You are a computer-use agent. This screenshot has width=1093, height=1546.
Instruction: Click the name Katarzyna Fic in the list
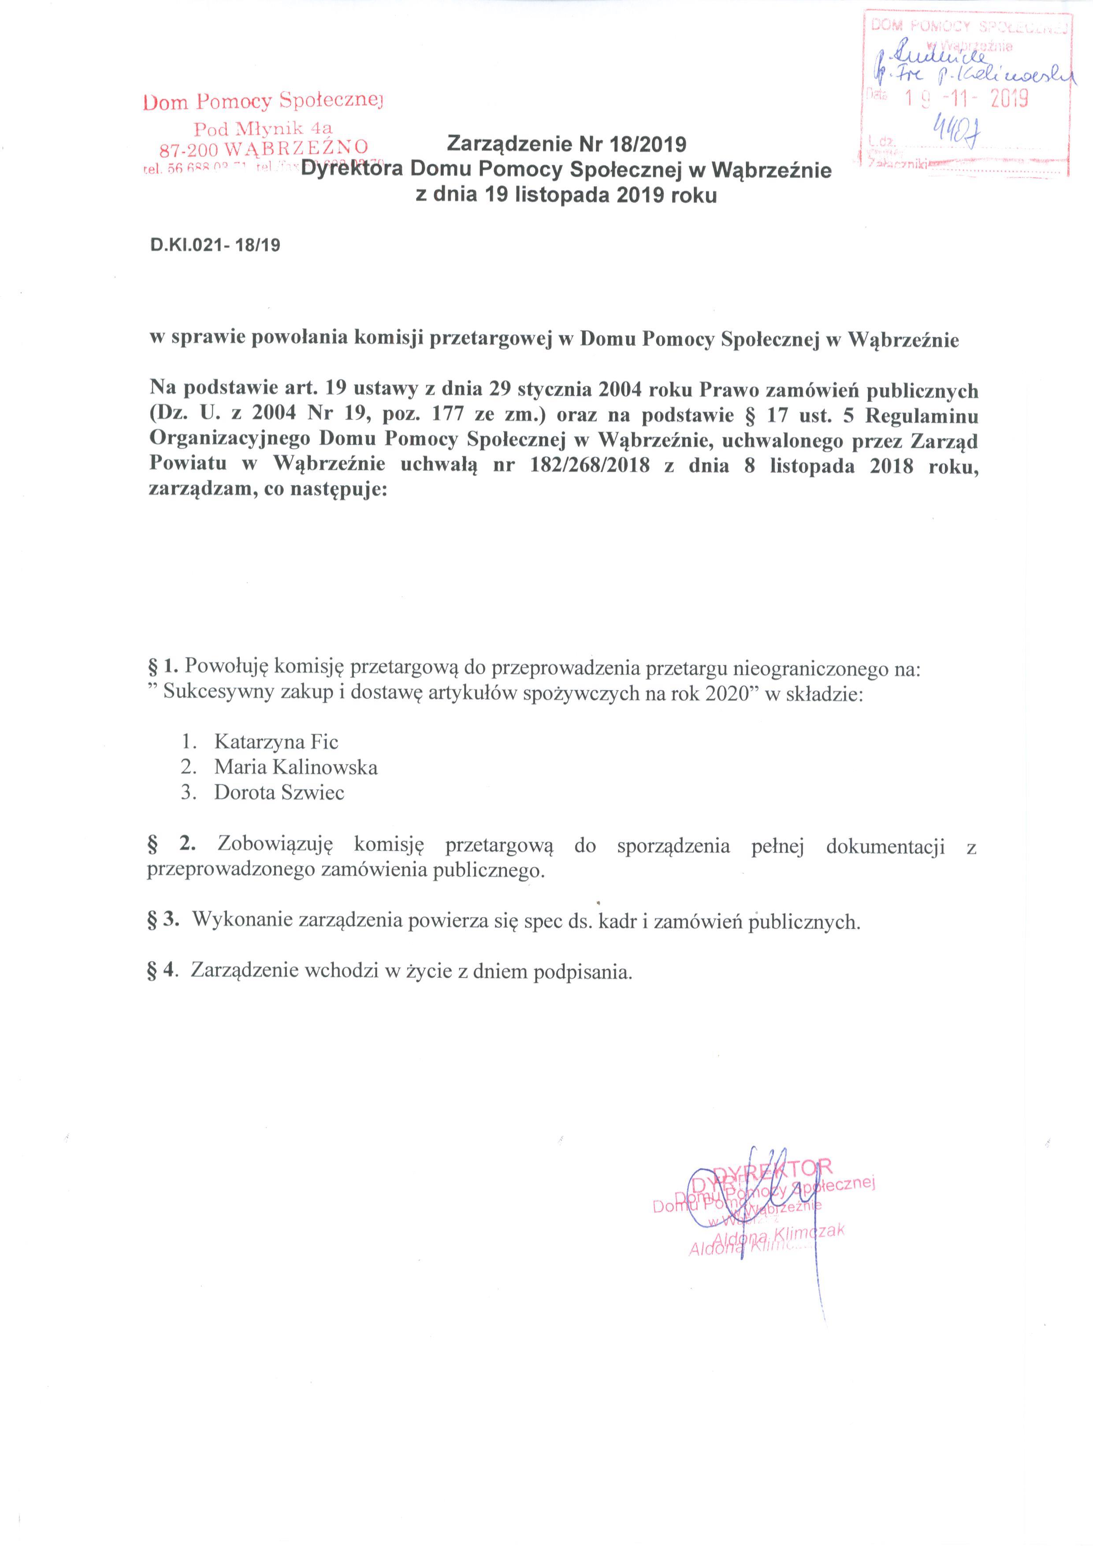point(276,742)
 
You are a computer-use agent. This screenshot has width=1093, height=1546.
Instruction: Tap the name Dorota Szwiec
point(279,793)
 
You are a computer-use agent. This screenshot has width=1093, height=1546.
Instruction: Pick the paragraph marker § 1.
point(163,667)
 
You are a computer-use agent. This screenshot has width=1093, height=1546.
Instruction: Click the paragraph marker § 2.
point(168,846)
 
